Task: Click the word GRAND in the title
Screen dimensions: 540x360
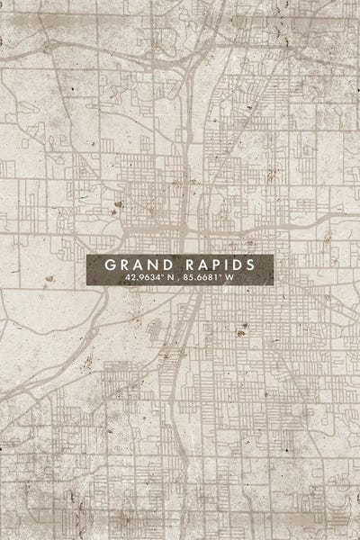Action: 138,265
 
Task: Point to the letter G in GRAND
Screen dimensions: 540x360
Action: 111,265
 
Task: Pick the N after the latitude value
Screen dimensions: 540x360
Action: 168,278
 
